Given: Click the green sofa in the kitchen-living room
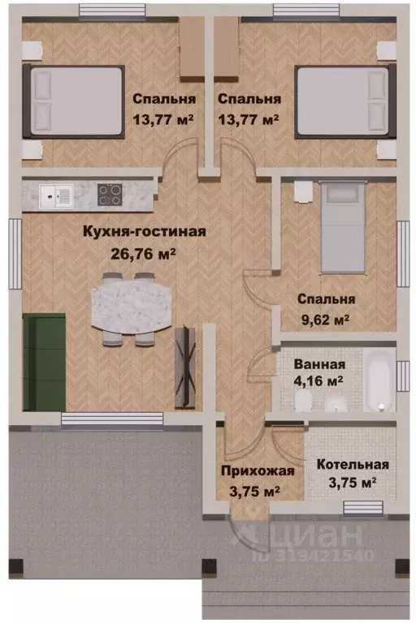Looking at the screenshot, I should [45, 353].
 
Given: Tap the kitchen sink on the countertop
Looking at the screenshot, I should [57, 195].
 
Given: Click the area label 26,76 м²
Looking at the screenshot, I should [143, 251].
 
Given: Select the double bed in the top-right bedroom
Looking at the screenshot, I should [342, 101].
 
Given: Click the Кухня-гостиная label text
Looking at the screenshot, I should [144, 231].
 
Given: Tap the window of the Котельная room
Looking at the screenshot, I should [364, 509].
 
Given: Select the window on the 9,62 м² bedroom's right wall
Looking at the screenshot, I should [403, 251].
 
